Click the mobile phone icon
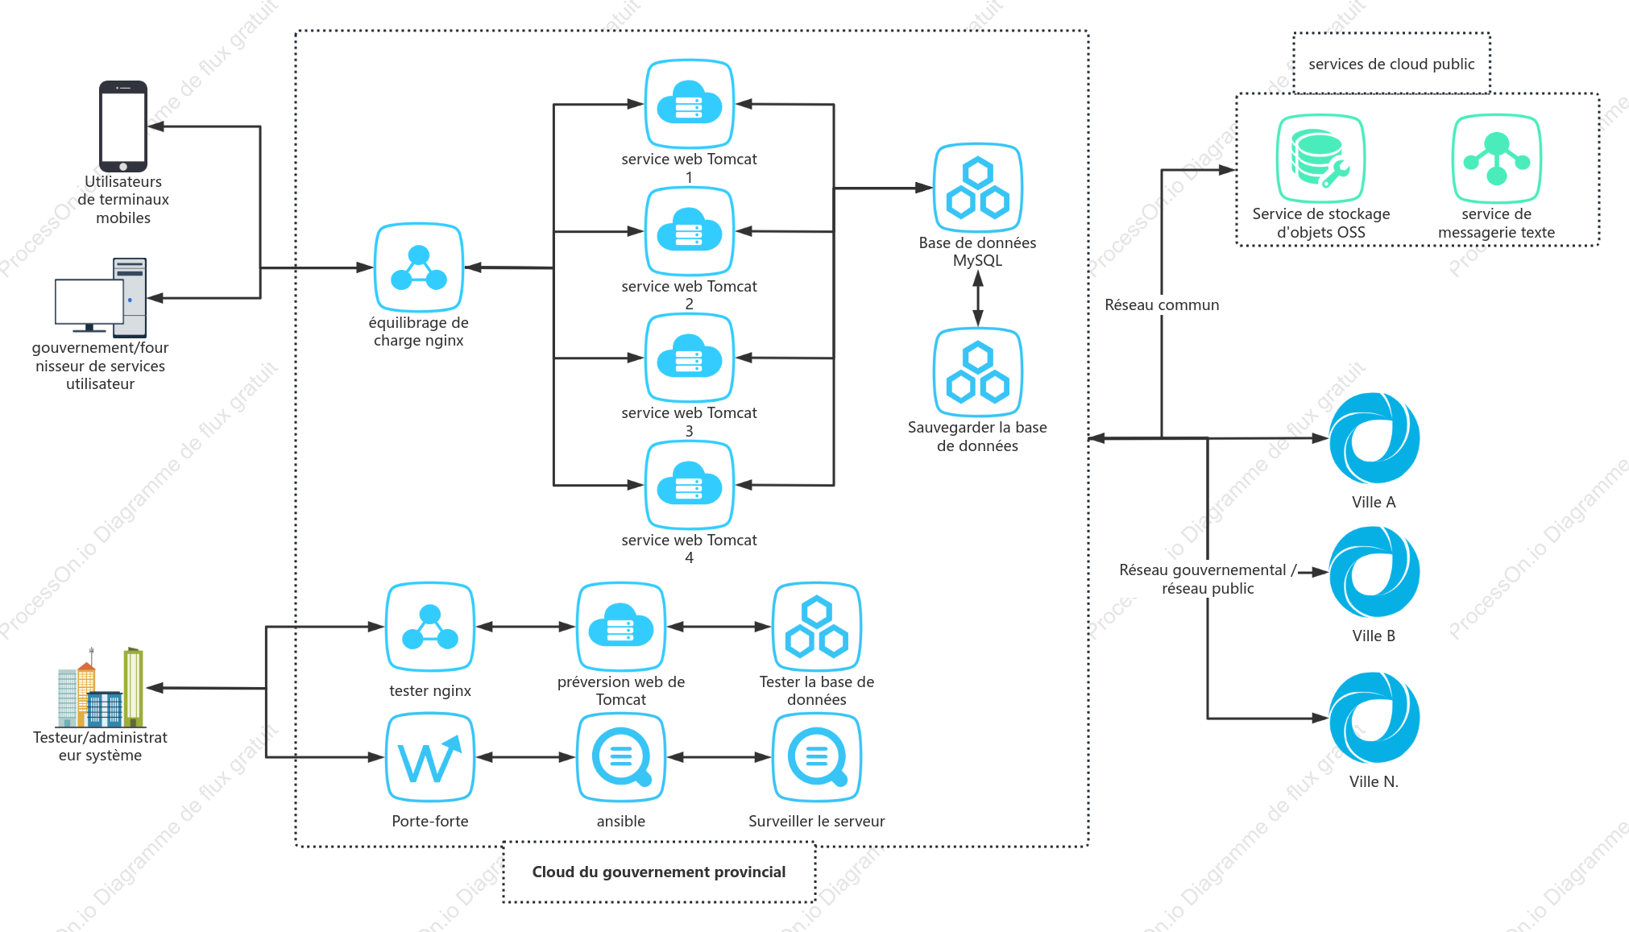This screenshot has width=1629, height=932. tap(123, 126)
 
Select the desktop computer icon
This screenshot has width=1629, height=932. tap(101, 296)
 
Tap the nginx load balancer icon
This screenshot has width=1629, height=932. tap(419, 267)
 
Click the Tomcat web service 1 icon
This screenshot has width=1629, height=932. tap(690, 104)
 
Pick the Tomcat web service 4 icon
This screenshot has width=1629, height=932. tap(690, 485)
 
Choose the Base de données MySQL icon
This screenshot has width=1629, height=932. tap(978, 188)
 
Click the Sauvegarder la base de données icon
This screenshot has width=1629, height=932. tap(978, 372)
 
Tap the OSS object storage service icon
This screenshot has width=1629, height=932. tap(1320, 158)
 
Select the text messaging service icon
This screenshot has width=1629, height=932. tap(1497, 158)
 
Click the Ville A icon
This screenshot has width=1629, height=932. tap(1374, 438)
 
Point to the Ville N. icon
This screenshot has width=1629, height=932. tap(1374, 718)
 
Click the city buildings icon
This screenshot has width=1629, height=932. tap(101, 687)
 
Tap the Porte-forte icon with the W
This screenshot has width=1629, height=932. tap(430, 757)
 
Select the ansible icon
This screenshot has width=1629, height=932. tap(621, 757)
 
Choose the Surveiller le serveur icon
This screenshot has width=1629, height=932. tap(817, 757)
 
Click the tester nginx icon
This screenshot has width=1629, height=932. tap(430, 627)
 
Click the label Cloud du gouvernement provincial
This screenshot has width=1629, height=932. tap(659, 872)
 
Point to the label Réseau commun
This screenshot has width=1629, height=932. tap(1162, 304)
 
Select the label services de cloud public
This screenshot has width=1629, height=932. tap(1391, 64)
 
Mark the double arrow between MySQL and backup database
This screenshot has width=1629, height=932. tap(978, 298)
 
